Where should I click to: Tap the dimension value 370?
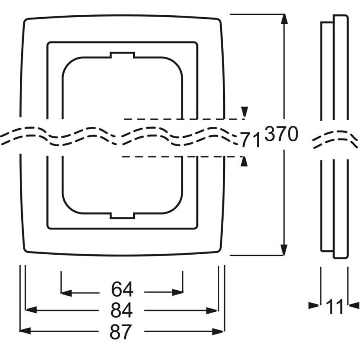281,135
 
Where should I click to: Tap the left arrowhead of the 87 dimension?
25,331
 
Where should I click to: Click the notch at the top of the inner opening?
122,55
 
